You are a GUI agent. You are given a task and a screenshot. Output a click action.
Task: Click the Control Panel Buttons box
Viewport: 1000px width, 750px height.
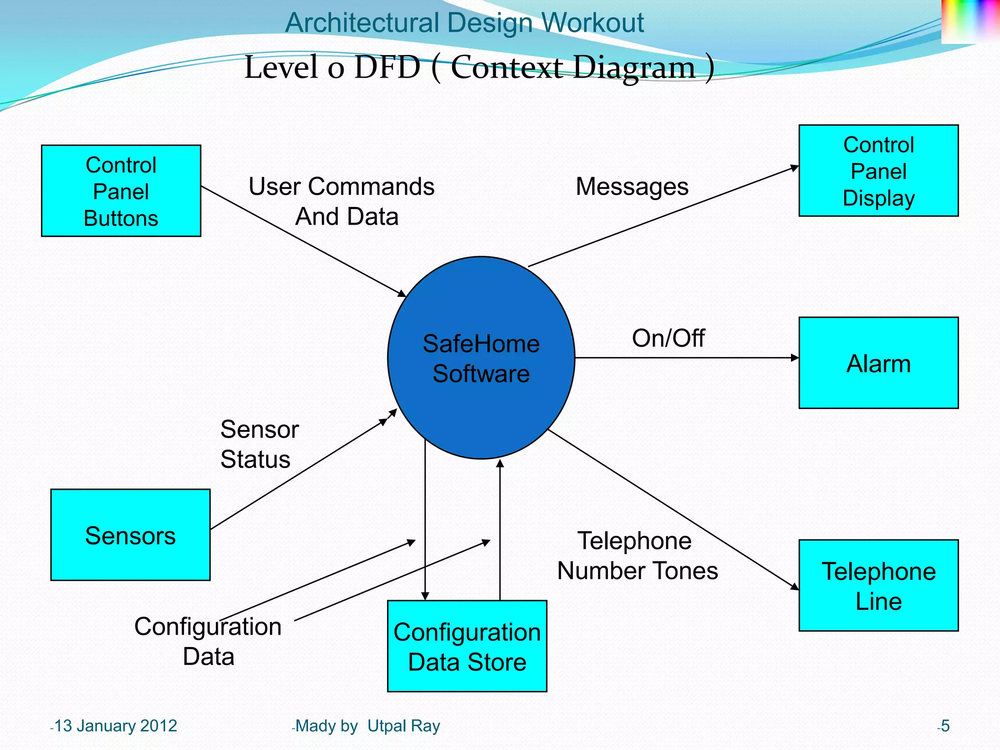(x=121, y=191)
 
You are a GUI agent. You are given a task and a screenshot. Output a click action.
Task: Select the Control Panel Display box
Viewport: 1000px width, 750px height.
(x=878, y=171)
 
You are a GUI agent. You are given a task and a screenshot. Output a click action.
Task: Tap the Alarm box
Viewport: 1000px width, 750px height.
(x=878, y=363)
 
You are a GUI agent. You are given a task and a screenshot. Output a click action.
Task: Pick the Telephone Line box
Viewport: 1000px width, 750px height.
(x=878, y=585)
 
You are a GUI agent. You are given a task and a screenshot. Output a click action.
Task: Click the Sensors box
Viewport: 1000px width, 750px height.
(x=130, y=535)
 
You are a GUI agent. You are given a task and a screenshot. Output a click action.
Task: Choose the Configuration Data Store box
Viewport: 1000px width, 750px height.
(x=467, y=646)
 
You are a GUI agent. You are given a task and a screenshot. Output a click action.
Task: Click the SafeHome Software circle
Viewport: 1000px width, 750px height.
(x=481, y=358)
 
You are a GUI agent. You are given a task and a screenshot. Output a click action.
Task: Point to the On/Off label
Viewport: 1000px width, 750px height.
(x=668, y=338)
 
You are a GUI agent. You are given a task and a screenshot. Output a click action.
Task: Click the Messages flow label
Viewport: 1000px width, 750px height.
(x=632, y=187)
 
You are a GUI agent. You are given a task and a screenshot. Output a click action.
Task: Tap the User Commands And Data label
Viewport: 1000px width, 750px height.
(x=342, y=201)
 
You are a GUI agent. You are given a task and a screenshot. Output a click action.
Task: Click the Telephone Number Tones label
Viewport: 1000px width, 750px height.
(x=637, y=556)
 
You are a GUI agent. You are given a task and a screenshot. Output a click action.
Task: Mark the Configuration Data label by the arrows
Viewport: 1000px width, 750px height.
(x=208, y=641)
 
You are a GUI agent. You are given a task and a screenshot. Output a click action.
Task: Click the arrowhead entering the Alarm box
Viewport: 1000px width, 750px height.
(x=795, y=358)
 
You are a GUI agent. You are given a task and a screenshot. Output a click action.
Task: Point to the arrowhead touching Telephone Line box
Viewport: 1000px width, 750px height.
(x=795, y=586)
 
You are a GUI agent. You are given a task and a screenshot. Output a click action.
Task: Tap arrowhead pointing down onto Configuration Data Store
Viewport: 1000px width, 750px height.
(x=425, y=596)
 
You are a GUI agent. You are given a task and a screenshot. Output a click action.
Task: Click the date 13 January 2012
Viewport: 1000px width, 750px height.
(x=115, y=726)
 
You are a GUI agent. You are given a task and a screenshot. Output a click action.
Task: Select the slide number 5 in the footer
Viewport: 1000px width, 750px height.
(x=945, y=726)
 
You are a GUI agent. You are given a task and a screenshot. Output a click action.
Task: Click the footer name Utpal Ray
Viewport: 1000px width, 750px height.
(x=403, y=726)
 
